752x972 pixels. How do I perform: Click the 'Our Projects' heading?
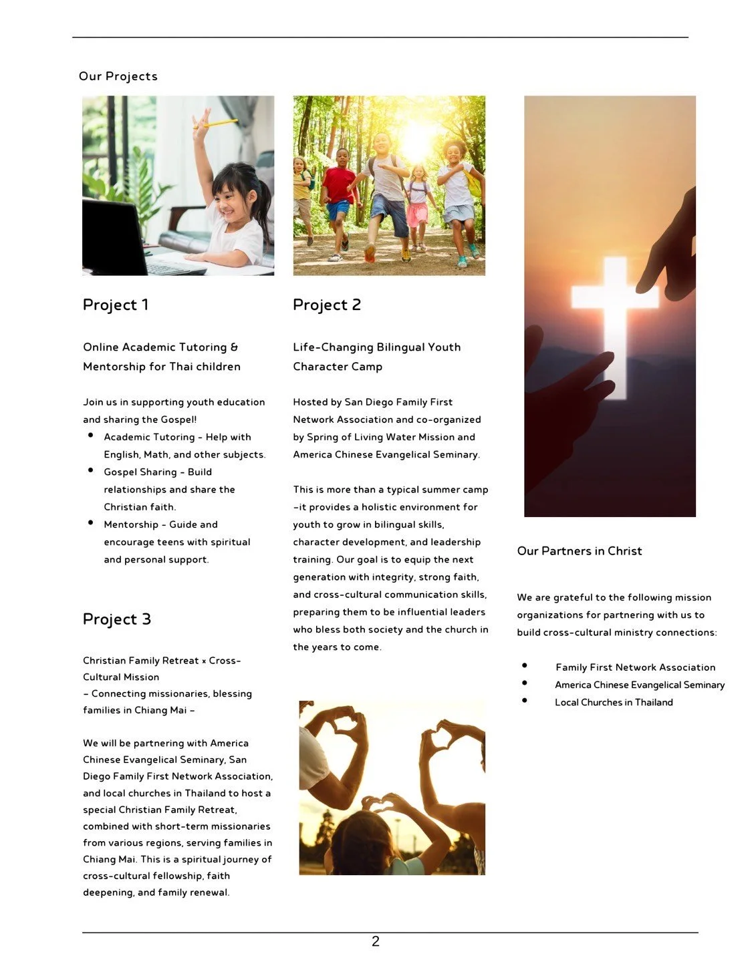pyautogui.click(x=118, y=76)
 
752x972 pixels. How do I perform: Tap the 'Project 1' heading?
pyautogui.click(x=116, y=305)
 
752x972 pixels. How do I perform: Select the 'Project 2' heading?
pyautogui.click(x=327, y=305)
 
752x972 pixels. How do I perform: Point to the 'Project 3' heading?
pyautogui.click(x=117, y=619)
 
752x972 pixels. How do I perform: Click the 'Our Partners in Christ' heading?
pyautogui.click(x=580, y=551)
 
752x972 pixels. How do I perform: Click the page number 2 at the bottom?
pyautogui.click(x=376, y=941)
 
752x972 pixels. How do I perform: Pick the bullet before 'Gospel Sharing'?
pyautogui.click(x=90, y=471)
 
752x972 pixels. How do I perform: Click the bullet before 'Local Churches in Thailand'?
pyautogui.click(x=525, y=700)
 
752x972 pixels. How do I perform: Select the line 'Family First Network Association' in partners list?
pyautogui.click(x=635, y=667)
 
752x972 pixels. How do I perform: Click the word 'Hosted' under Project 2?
pyautogui.click(x=310, y=402)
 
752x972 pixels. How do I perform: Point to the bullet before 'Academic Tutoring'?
pyautogui.click(x=90, y=436)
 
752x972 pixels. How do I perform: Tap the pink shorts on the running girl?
pyautogui.click(x=417, y=214)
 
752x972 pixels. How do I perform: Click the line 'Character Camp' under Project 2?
pyautogui.click(x=338, y=367)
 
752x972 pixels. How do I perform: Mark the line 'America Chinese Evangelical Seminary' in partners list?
pyautogui.click(x=640, y=685)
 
